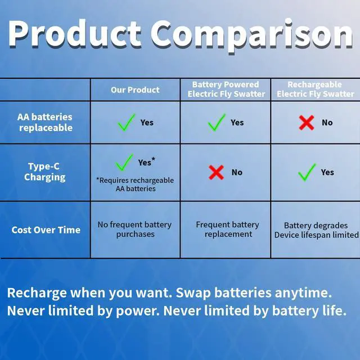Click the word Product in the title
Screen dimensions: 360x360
pos(75,34)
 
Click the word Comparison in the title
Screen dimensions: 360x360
pos(252,36)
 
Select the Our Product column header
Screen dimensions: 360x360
pos(135,90)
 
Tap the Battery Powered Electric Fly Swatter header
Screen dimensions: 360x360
pos(226,89)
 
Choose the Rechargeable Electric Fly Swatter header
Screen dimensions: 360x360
pos(315,89)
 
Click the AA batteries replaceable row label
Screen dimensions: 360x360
pos(45,123)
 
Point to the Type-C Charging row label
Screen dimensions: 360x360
pos(44,172)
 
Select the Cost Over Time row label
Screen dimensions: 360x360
pos(46,230)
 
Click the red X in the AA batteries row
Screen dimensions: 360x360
pos(307,123)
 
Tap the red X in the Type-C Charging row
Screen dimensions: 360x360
pos(216,172)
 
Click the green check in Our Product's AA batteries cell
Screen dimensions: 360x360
pos(127,122)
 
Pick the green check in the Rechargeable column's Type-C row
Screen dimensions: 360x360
pos(307,172)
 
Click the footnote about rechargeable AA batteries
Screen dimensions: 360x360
pos(135,184)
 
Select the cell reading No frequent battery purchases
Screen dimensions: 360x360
pos(135,229)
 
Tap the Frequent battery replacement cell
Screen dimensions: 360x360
pos(227,229)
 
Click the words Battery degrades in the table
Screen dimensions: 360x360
pos(316,226)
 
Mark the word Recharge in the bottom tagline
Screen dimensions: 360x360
pos(37,293)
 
